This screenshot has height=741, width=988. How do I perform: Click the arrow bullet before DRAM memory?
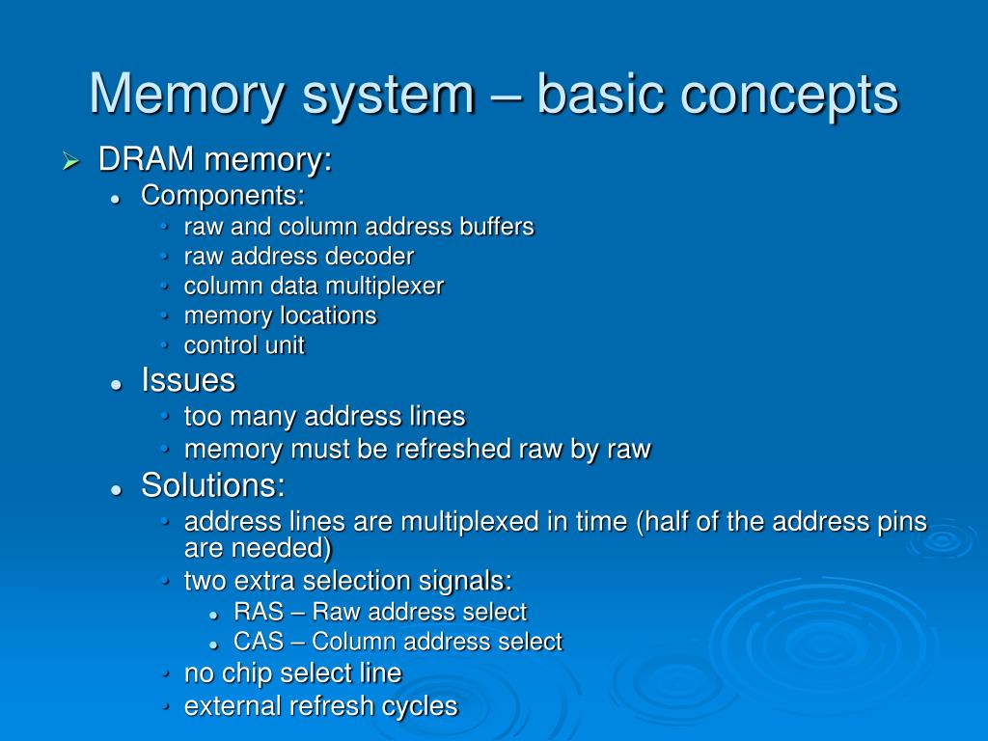(x=69, y=161)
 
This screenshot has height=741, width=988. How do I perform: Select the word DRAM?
(x=139, y=160)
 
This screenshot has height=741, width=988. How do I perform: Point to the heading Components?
(x=223, y=195)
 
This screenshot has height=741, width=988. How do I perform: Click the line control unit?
(x=244, y=345)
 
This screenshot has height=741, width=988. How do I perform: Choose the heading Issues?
(x=188, y=380)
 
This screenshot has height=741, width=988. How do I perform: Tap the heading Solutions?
(x=213, y=484)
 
